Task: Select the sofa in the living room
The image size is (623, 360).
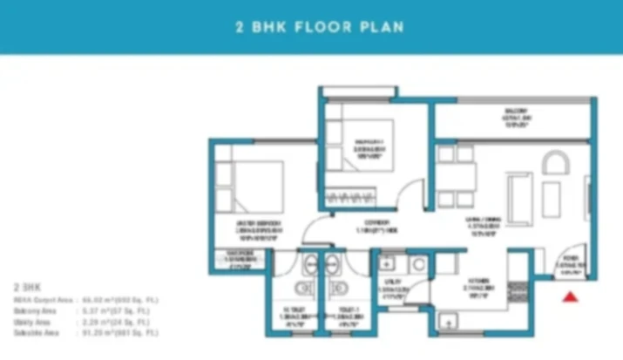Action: point(519,196)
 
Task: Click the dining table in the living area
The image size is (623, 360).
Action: point(457,177)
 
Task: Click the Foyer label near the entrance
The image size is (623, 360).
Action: point(571,263)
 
